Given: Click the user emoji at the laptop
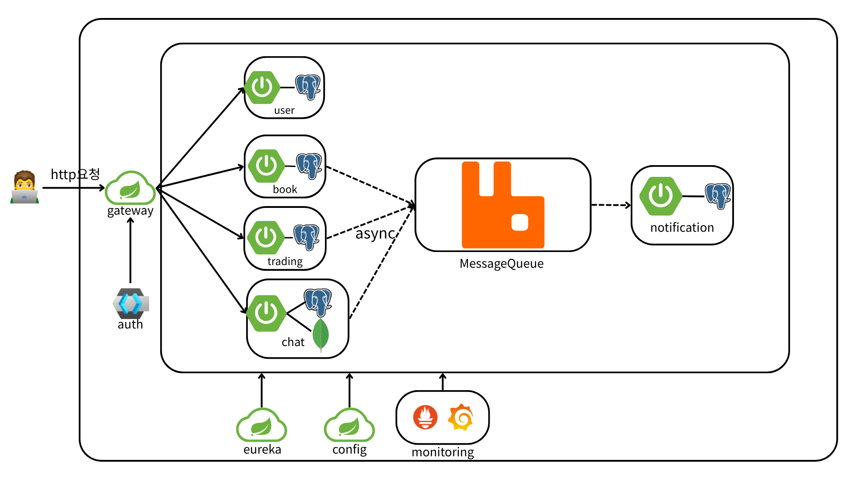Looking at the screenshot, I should pos(25,187).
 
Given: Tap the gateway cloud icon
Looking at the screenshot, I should pos(130,188).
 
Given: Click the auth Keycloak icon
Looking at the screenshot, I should pos(130,303).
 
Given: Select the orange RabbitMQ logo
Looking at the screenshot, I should pos(503,205).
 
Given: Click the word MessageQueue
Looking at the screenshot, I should pos(501,264).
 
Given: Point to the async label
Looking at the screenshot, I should pos(375,234).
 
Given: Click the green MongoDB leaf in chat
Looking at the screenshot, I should pos(320,334).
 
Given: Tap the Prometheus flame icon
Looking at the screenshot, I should pos(425,417).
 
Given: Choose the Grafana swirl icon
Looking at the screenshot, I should pos(460,417).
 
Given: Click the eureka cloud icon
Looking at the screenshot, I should pos(261,425).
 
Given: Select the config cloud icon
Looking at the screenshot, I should pos(349,425).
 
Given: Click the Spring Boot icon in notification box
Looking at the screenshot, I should pos(661,196).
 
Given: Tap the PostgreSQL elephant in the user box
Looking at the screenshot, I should pos(308,87).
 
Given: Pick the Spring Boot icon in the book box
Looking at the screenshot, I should pos(266,166).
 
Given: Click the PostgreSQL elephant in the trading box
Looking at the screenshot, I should pos(306,237).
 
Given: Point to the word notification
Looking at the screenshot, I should pos(682,228).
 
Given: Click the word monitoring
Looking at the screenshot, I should pos(443,452).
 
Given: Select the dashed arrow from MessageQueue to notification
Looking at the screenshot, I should pos(611,205).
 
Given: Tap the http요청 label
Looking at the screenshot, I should pos(75,174).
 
